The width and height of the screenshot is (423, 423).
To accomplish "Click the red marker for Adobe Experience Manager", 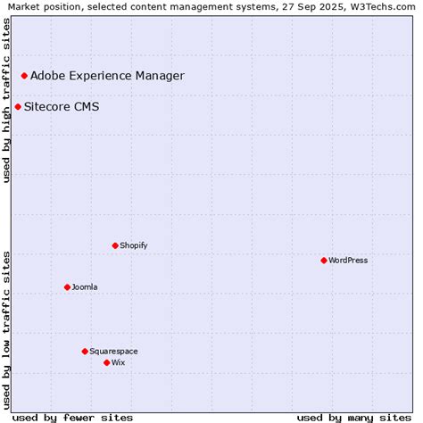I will tap(24, 76).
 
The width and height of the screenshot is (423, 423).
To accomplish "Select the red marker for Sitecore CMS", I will tap(18, 107).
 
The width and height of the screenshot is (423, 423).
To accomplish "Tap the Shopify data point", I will tap(115, 245).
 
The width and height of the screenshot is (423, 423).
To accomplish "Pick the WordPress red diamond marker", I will tap(324, 261).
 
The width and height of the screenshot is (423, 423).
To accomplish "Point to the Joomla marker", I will tap(67, 287).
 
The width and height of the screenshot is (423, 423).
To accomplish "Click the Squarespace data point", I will tap(85, 352).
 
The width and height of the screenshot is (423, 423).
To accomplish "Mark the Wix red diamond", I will tap(106, 362).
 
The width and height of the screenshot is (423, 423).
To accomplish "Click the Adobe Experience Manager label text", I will tap(107, 76).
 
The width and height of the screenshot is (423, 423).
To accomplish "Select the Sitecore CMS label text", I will tap(62, 107).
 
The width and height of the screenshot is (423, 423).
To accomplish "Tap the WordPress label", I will tap(348, 261).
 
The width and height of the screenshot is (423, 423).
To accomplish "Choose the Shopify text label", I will tap(134, 245).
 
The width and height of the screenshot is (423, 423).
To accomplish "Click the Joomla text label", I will tap(85, 287).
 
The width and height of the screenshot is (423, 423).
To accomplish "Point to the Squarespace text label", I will tap(113, 352).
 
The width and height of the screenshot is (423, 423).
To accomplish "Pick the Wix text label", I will tap(119, 362).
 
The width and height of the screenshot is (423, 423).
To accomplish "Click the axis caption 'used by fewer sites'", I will tap(75, 417).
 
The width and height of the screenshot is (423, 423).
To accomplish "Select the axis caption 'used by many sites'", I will tap(353, 417).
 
